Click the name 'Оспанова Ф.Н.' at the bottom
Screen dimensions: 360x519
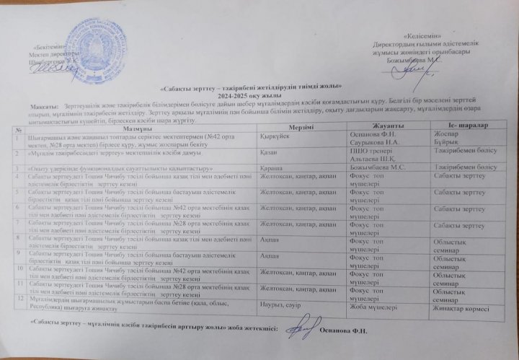point(342,331)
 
